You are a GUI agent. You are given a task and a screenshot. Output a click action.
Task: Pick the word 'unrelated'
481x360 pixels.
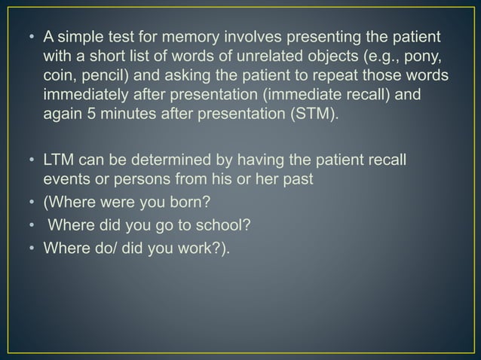(x=261, y=57)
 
